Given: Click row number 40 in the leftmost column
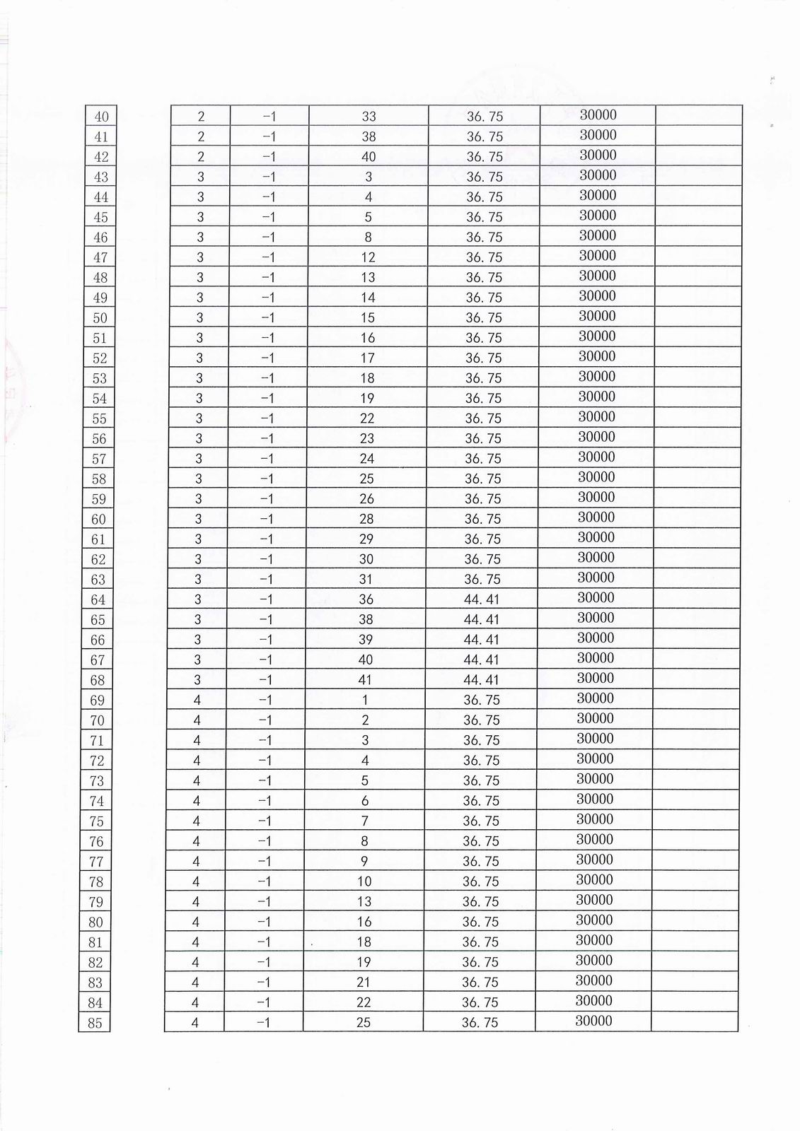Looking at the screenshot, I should pyautogui.click(x=101, y=117).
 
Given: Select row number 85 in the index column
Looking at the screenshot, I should pyautogui.click(x=95, y=1023).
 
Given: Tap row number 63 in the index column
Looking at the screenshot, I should pyautogui.click(x=98, y=580).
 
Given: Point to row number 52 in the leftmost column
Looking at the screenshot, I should pyautogui.click(x=100, y=358).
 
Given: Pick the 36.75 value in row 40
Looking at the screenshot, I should pyautogui.click(x=485, y=117).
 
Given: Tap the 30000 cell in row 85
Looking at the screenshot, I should pyautogui.click(x=593, y=1021).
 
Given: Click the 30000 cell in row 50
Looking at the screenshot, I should pyautogui.click(x=597, y=316).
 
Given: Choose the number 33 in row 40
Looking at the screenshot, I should pyautogui.click(x=369, y=117).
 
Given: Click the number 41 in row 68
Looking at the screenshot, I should pyautogui.click(x=366, y=680).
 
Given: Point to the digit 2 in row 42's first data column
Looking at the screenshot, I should pyautogui.click(x=201, y=157).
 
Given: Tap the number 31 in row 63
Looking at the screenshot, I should pyautogui.click(x=366, y=579).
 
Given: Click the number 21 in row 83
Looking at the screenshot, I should pyautogui.click(x=364, y=982).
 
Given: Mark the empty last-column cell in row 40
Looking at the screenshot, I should pyautogui.click(x=699, y=115).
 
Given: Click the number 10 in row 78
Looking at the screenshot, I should pyautogui.click(x=364, y=881).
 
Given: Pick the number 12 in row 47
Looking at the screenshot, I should pyautogui.click(x=368, y=257).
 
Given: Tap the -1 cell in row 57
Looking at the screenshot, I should pyautogui.click(x=267, y=458).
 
